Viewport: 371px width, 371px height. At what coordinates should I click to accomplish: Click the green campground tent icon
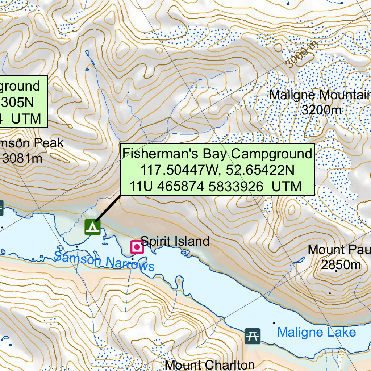pos(92,227)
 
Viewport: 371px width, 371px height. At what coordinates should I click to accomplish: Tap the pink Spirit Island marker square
pos(137,247)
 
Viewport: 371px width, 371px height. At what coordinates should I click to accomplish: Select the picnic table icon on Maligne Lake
pos(252,336)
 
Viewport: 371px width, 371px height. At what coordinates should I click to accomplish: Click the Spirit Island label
pos(175,241)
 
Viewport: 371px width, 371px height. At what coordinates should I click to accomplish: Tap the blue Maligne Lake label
pos(316,332)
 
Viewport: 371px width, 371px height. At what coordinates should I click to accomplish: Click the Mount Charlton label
pos(209,364)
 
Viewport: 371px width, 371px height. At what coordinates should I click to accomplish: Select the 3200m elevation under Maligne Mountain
pos(321,110)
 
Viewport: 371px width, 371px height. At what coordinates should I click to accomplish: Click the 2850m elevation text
pos(341,265)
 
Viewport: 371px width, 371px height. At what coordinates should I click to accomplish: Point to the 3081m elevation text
pos(22,158)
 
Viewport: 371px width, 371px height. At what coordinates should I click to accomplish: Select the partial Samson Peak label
pos(32,143)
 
